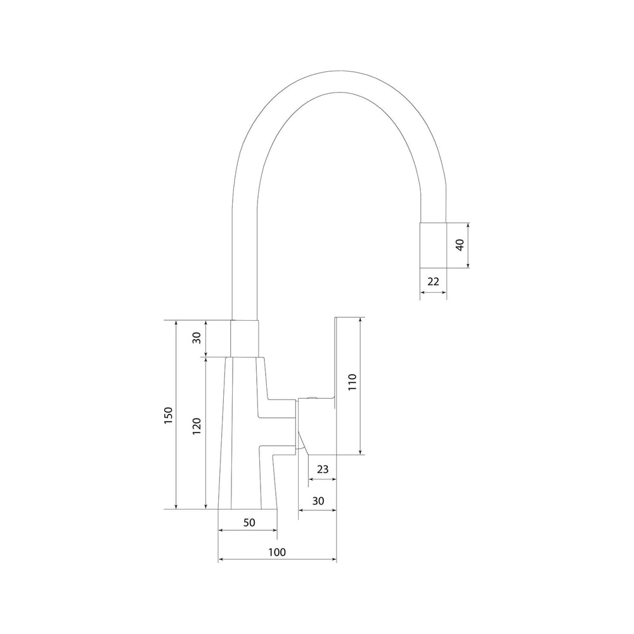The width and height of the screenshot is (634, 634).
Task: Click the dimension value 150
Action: click(169, 415)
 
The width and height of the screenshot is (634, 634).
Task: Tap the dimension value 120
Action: click(197, 426)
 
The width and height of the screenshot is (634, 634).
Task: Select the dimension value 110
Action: click(352, 382)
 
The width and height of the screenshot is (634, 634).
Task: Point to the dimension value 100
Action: click(277, 552)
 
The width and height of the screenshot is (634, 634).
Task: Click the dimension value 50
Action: click(249, 522)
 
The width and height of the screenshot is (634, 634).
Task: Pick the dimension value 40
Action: click(460, 245)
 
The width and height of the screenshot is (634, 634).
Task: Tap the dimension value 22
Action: click(433, 281)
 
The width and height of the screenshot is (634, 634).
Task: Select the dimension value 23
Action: click(323, 469)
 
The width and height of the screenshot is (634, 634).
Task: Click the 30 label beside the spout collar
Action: click(197, 338)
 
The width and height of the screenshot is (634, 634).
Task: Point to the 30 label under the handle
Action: click(318, 501)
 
